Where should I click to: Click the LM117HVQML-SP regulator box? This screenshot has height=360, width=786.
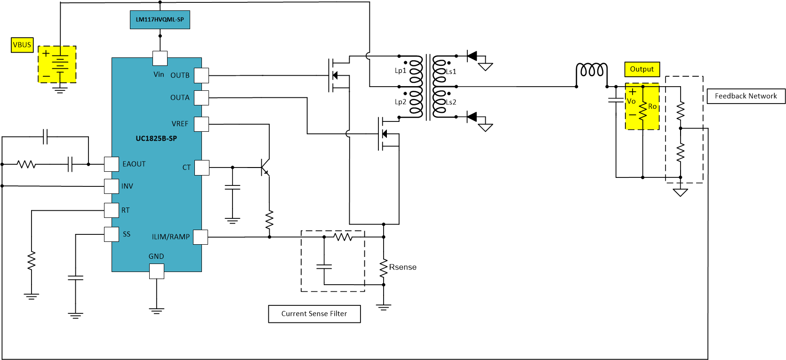point(160,20)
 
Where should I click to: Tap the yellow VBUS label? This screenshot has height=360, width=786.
point(22,45)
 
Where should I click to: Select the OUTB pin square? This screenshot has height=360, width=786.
point(201,75)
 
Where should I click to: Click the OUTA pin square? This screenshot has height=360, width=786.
point(201,98)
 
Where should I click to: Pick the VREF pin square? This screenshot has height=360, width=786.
point(201,124)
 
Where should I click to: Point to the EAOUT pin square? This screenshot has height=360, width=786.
point(112,164)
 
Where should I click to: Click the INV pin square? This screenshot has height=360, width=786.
point(112,186)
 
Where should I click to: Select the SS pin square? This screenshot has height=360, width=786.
point(112,234)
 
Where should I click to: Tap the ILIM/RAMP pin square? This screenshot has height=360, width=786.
point(201,237)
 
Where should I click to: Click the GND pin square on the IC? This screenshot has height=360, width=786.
point(157,271)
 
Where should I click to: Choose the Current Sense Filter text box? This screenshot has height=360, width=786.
point(314,314)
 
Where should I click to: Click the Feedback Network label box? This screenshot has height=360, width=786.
point(746,96)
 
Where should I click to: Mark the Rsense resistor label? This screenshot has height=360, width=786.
point(402,267)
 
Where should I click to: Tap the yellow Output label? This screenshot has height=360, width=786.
point(642,69)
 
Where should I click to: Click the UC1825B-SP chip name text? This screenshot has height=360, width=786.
point(156,138)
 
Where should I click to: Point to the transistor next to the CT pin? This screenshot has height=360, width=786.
point(265,167)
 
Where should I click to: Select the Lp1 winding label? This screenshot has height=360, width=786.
point(400,71)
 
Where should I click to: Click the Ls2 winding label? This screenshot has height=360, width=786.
point(451,102)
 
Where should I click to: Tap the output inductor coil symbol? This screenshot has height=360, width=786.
point(592,71)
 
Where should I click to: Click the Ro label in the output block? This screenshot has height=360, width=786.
point(652,106)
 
